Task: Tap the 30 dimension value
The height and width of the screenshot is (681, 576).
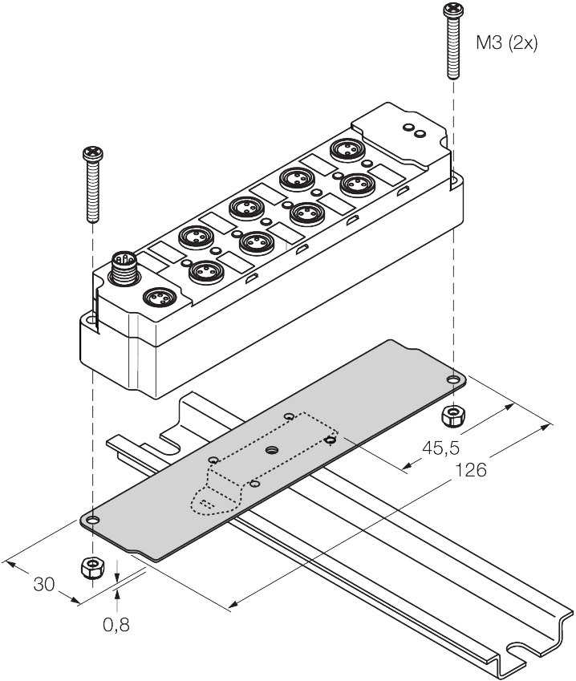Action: pos(43,585)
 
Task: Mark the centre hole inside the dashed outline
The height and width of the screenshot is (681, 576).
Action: pos(272,451)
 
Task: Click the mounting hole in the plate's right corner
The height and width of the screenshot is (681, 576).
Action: pos(452,379)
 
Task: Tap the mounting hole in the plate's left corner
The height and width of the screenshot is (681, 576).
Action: pos(93,521)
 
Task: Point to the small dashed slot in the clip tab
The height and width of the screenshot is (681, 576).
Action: pos(208,504)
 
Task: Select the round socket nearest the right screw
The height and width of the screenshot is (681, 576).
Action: pos(345,150)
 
